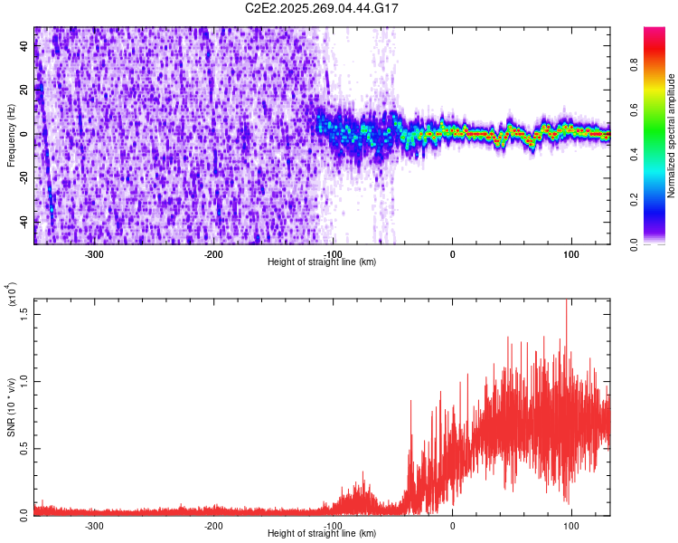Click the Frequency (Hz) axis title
pyautogui.click(x=11, y=136)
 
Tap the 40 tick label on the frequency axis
pyautogui.click(x=24, y=47)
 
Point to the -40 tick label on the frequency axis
pyautogui.click(x=24, y=221)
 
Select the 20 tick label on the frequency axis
pyautogui.click(x=24, y=90)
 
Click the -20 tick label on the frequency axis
pyautogui.click(x=24, y=177)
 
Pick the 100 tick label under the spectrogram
pyautogui.click(x=571, y=253)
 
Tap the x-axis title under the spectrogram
pyautogui.click(x=322, y=262)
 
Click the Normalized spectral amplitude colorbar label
pyautogui.click(x=672, y=136)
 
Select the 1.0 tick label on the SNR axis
pyautogui.click(x=24, y=381)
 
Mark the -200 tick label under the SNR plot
pyautogui.click(x=214, y=525)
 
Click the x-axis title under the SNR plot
pyautogui.click(x=322, y=533)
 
